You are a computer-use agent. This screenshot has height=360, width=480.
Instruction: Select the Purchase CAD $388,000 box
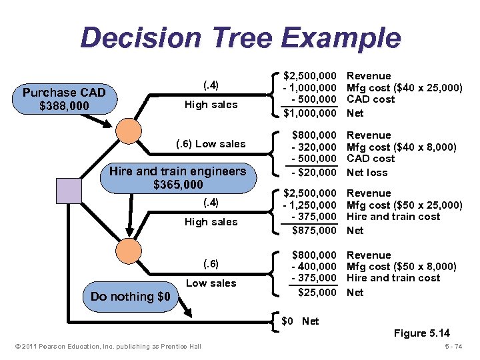(x=64, y=99)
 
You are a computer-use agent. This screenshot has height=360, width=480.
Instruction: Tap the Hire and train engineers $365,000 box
(x=177, y=177)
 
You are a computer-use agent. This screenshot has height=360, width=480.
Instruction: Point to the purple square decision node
(x=68, y=191)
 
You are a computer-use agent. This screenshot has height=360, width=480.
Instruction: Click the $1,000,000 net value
(x=310, y=113)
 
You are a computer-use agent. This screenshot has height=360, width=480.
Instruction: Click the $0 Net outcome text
(x=300, y=321)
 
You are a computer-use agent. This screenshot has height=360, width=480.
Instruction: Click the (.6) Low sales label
(x=211, y=144)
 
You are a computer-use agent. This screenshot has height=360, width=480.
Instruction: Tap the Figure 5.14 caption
(x=421, y=333)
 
